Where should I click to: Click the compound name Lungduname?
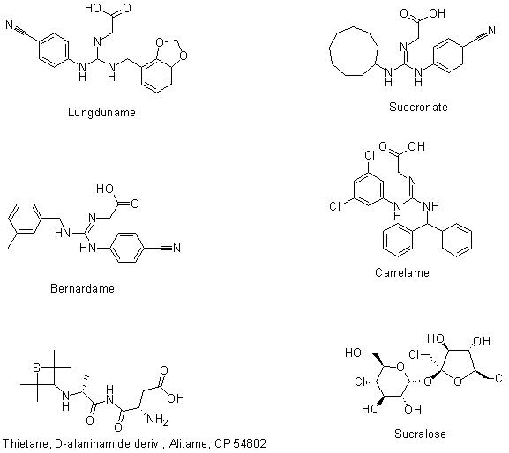(101, 113)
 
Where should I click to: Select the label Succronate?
(418, 107)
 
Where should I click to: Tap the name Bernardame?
(82, 288)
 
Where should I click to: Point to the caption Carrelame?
(402, 272)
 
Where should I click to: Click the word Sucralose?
(420, 434)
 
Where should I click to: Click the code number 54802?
(250, 443)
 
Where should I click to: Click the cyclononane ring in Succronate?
(330, 52)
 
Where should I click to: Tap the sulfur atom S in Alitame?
(37, 368)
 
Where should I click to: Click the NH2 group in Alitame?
(157, 419)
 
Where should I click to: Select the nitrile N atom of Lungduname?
(10, 25)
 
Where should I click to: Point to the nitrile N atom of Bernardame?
(176, 248)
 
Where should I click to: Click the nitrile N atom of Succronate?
(491, 30)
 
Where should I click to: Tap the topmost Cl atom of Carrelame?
(370, 156)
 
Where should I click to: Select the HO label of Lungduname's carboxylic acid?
(94, 8)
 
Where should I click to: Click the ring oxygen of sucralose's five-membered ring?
(457, 382)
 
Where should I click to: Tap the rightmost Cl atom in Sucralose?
(500, 378)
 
